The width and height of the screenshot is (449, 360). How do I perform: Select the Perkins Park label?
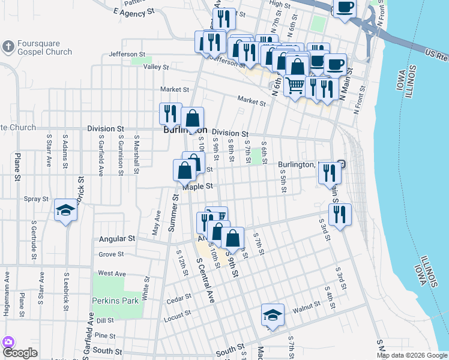click(x=115, y=300)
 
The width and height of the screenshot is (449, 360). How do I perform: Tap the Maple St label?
click(x=198, y=187)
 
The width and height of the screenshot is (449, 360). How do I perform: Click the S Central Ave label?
click(x=205, y=280)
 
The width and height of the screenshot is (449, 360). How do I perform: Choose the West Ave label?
click(x=112, y=273)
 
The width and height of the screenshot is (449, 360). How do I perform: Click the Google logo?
click(x=20, y=352)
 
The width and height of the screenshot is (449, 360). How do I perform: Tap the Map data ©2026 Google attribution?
click(x=411, y=355)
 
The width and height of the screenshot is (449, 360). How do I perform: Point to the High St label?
click(x=280, y=4)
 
